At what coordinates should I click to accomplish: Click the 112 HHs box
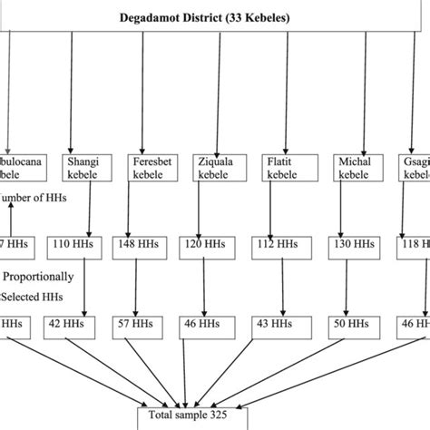tap(274, 244)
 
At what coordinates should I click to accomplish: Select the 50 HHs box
tap(344, 322)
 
